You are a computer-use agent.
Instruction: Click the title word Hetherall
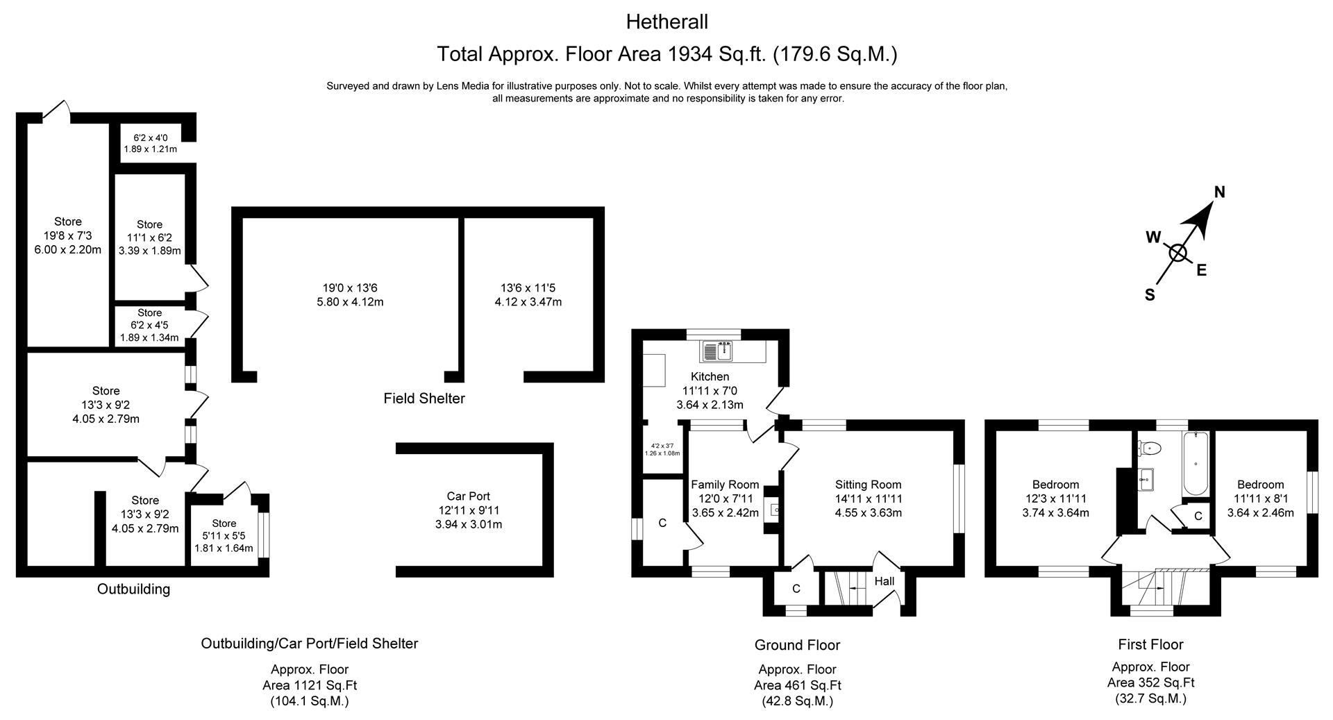coord(666,22)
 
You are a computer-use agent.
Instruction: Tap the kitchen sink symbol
coord(717,351)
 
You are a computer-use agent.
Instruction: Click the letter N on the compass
coord(1219,192)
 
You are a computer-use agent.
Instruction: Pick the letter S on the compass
coord(1150,295)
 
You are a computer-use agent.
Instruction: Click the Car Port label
coord(468,496)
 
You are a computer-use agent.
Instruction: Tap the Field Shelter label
coord(424,399)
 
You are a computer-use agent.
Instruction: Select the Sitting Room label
coord(868,485)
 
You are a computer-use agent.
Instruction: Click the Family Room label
coord(725,485)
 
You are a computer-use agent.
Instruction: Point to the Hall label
coord(885,581)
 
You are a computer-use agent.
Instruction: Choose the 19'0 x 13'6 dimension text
coord(350,287)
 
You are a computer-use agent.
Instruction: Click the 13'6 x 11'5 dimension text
coord(528,287)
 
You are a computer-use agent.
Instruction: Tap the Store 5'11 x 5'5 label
coord(224,536)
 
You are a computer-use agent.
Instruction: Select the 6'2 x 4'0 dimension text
coord(151,138)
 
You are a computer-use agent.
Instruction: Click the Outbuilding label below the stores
coord(133,589)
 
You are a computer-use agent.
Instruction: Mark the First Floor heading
coord(1150,644)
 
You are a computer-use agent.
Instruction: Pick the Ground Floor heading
coord(797,645)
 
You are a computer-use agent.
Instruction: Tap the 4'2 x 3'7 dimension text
coord(662,446)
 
